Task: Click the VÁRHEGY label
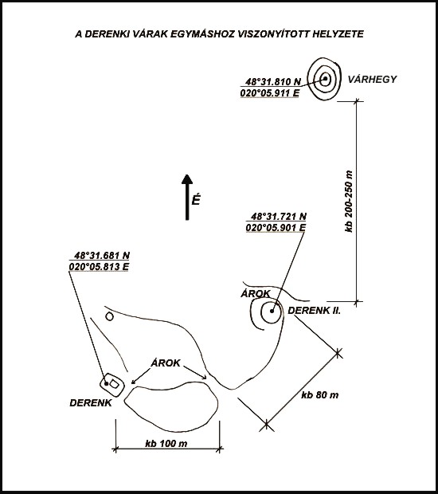tap(372, 79)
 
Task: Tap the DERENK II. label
tap(315, 310)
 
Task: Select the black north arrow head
tap(187, 178)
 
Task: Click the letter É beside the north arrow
tap(196, 200)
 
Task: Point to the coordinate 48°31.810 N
tap(273, 82)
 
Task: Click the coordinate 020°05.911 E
tap(270, 93)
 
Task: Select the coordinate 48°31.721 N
tap(279, 217)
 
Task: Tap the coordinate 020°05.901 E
tap(276, 227)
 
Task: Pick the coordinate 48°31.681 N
tap(102, 255)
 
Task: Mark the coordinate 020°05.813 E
tap(99, 267)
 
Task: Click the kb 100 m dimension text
tap(166, 444)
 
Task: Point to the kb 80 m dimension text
tap(320, 394)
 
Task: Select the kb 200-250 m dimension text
tap(349, 202)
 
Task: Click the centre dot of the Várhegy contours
tap(325, 78)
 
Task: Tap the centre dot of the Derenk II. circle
tap(272, 311)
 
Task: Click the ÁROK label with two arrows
tap(166, 363)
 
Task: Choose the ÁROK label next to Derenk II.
tap(256, 294)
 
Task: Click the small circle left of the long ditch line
tap(109, 316)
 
